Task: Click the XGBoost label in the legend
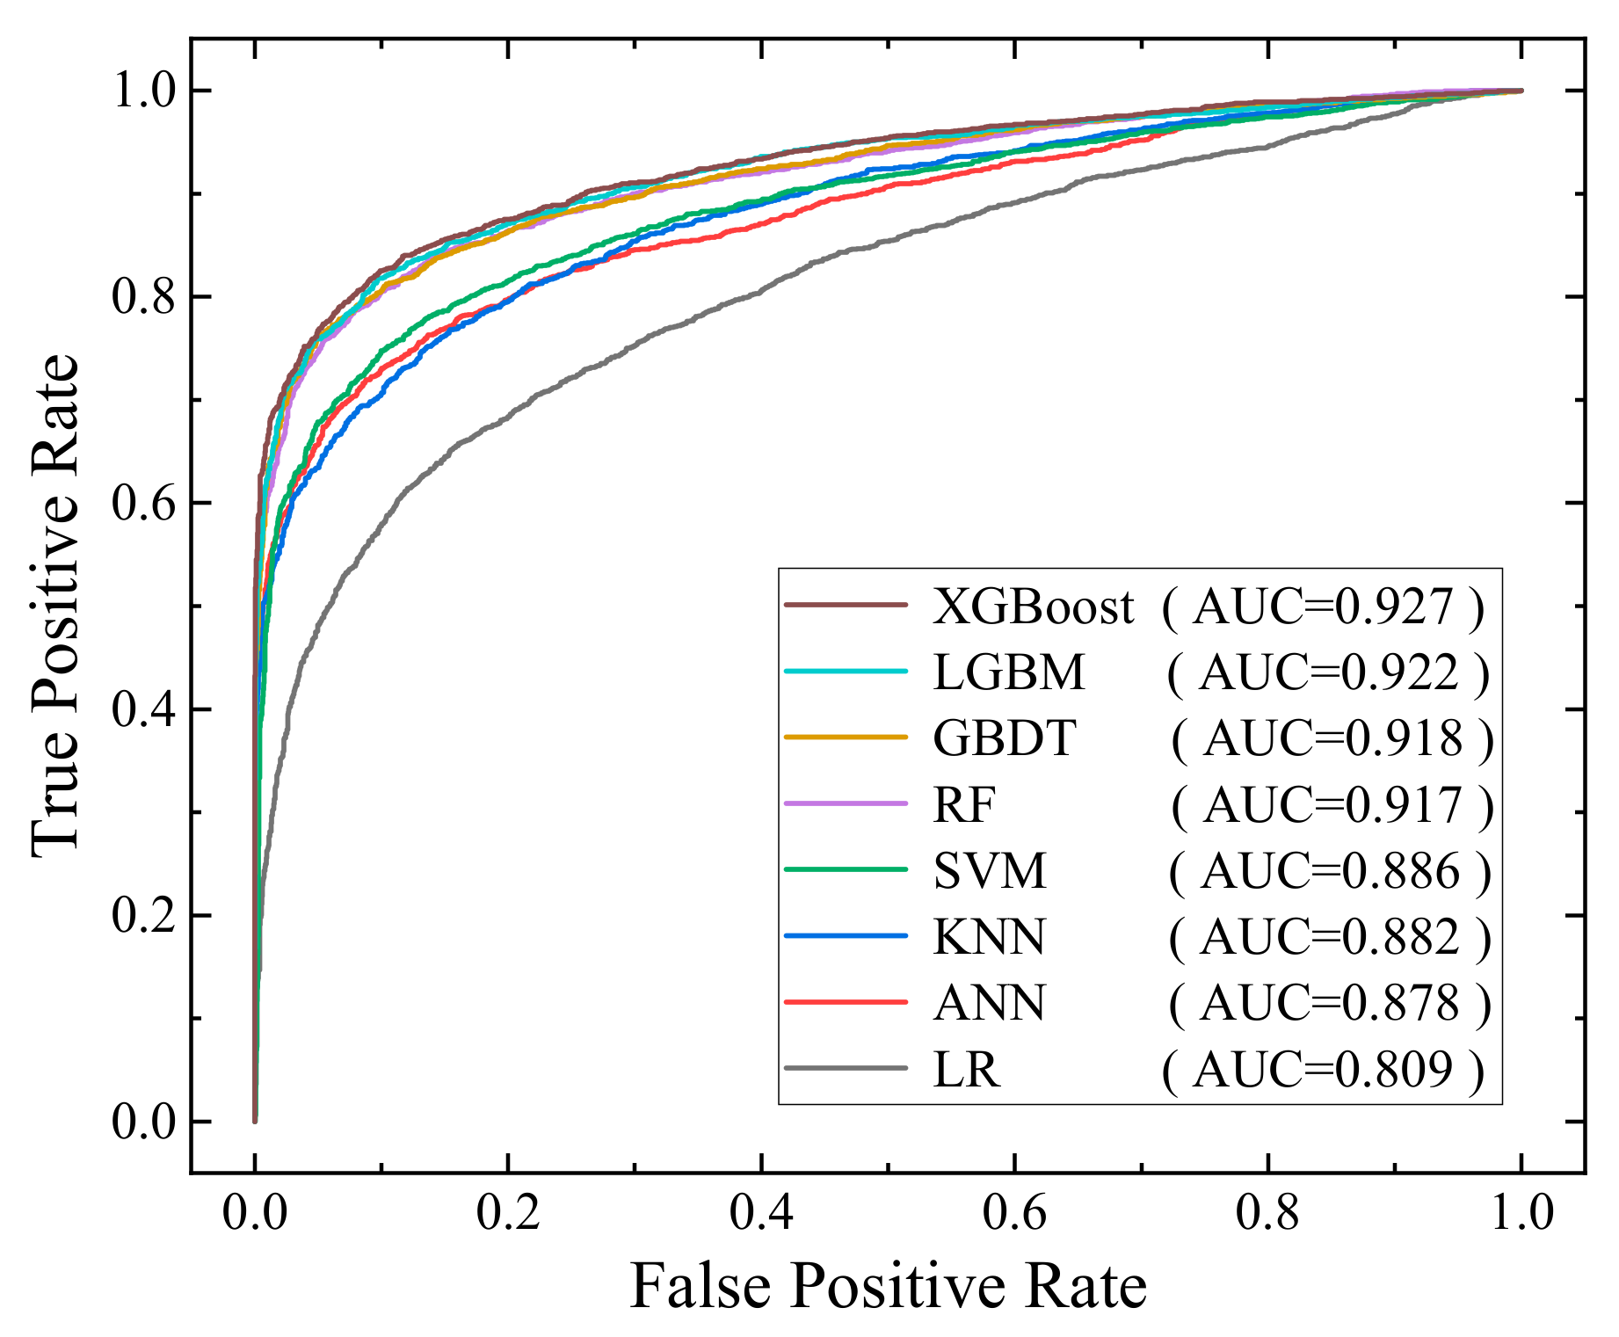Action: (1033, 607)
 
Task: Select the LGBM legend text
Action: (1009, 672)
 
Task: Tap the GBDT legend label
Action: (1004, 738)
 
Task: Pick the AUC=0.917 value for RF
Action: (1332, 805)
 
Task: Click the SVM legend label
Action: (990, 871)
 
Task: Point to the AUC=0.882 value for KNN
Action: (1330, 937)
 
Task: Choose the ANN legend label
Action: (990, 1003)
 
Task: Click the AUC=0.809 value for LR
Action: (1323, 1070)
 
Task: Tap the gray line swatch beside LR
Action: (845, 1069)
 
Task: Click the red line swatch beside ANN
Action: (845, 1002)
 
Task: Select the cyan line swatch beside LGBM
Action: (845, 672)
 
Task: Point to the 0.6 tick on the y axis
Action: (144, 503)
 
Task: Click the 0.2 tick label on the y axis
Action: (144, 915)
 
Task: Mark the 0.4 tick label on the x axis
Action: (761, 1212)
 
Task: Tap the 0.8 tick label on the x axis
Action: (1267, 1212)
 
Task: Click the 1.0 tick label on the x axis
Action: (1521, 1212)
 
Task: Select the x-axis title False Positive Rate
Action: (888, 1286)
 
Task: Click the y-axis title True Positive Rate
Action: (54, 605)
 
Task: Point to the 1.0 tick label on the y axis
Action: (144, 91)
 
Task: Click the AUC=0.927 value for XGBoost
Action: (1323, 607)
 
